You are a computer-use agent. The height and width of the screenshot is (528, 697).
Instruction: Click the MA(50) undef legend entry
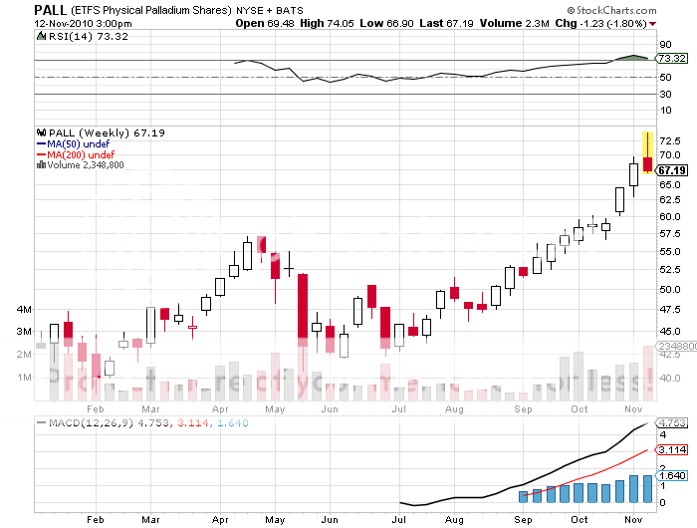(x=71, y=143)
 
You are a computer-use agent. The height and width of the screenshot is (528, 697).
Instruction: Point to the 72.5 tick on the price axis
(x=668, y=141)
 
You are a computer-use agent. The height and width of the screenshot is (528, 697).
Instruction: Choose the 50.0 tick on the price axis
(x=668, y=290)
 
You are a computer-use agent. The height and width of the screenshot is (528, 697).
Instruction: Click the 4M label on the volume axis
(x=23, y=310)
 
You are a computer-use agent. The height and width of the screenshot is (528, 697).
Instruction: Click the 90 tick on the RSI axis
(x=663, y=45)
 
